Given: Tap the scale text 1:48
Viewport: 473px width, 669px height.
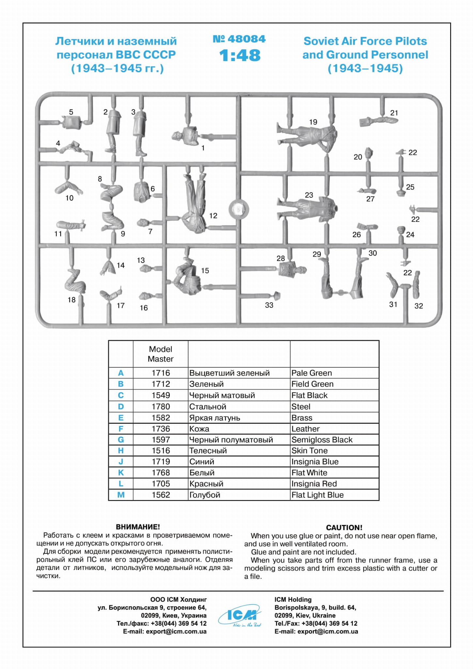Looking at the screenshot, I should pyautogui.click(x=240, y=55).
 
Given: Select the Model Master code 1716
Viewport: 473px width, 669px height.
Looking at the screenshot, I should pyautogui.click(x=160, y=373).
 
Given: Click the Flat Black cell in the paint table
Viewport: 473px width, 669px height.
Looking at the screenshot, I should pyautogui.click(x=309, y=395).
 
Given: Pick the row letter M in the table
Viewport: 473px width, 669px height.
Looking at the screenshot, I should pyautogui.click(x=121, y=495).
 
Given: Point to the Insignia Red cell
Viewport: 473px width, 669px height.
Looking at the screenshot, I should pyautogui.click(x=314, y=484).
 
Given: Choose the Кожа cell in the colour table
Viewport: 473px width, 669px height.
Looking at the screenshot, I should pyautogui.click(x=199, y=429).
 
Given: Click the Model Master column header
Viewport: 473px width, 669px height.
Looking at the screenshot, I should pyautogui.click(x=160, y=354).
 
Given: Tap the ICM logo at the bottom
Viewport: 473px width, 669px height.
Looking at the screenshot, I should pyautogui.click(x=240, y=616).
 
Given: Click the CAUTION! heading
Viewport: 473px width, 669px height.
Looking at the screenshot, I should pyautogui.click(x=344, y=527).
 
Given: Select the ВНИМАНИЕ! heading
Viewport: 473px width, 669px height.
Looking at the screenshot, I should pyautogui.click(x=138, y=527).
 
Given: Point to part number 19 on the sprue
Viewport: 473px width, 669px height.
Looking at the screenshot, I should pyautogui.click(x=313, y=122).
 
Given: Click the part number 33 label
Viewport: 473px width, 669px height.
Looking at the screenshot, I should pyautogui.click(x=269, y=305).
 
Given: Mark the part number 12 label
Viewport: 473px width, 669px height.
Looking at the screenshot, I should pyautogui.click(x=213, y=216).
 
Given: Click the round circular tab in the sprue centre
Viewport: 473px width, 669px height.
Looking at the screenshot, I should pyautogui.click(x=239, y=208).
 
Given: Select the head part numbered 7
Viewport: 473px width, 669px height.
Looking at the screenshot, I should pyautogui.click(x=143, y=223).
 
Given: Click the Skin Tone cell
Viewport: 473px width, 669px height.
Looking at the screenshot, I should pyautogui.click(x=309, y=451).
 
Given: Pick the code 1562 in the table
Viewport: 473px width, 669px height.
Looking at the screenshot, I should pyautogui.click(x=160, y=495).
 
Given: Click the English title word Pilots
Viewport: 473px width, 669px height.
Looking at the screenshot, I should pyautogui.click(x=411, y=41).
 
